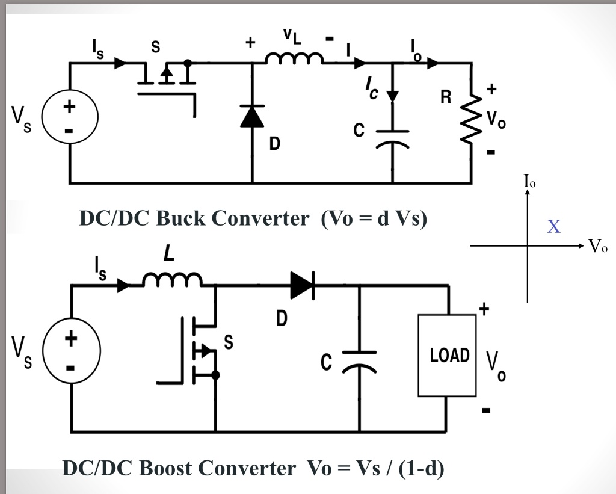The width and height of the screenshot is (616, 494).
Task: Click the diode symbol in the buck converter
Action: (252, 116)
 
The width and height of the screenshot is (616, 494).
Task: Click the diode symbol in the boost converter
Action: (302, 285)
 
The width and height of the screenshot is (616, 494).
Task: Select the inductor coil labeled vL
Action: (294, 58)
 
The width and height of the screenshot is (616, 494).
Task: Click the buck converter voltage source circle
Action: (70, 118)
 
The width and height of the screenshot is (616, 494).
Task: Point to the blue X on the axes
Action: (554, 227)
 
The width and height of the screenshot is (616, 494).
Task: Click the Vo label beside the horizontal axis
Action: (598, 247)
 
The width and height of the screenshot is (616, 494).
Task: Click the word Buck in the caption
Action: (182, 218)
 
